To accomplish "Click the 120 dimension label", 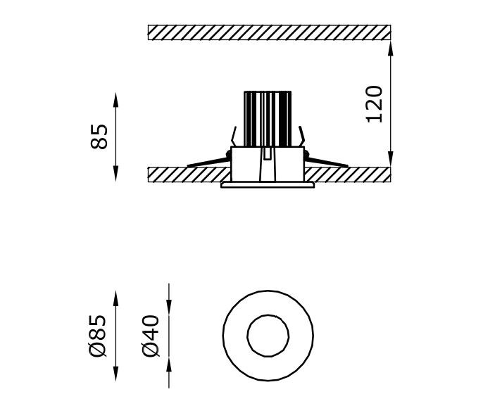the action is tap(374, 104).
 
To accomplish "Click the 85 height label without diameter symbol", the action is tap(99, 137).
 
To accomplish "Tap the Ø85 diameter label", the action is tap(97, 336).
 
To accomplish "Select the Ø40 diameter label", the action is tap(150, 336).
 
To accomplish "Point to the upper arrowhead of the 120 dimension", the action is tap(391, 48).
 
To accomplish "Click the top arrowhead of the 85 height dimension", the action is tap(115, 101).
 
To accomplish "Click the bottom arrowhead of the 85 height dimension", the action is tap(115, 174).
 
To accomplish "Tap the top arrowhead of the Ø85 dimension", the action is tap(115, 299).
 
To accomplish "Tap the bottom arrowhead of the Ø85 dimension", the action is tap(115, 374).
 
